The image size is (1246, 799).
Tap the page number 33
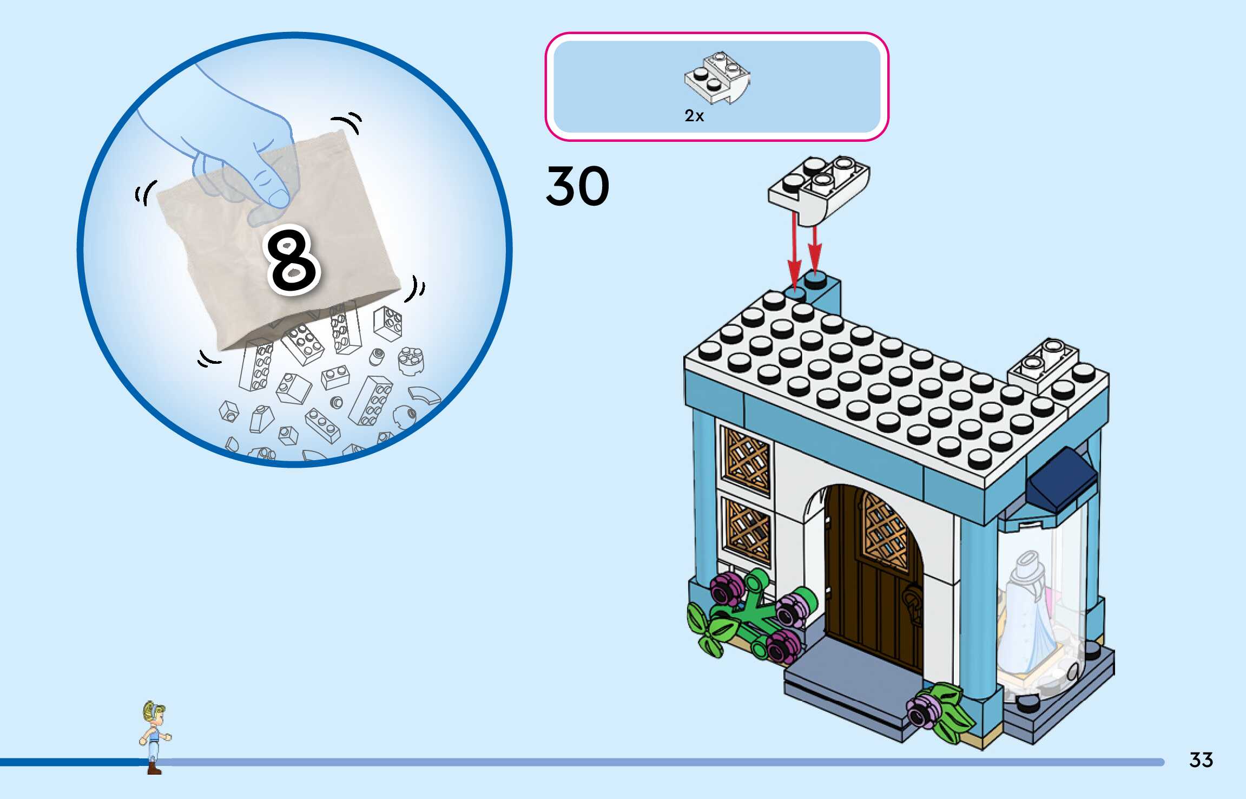[x=1201, y=759]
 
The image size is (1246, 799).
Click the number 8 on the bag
[x=293, y=260]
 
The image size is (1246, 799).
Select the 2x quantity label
[x=694, y=116]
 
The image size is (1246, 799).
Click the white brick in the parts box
[x=717, y=78]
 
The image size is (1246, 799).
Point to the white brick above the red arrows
[x=819, y=188]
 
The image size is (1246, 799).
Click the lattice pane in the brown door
[x=885, y=533]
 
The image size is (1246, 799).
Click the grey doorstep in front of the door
[x=849, y=682]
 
